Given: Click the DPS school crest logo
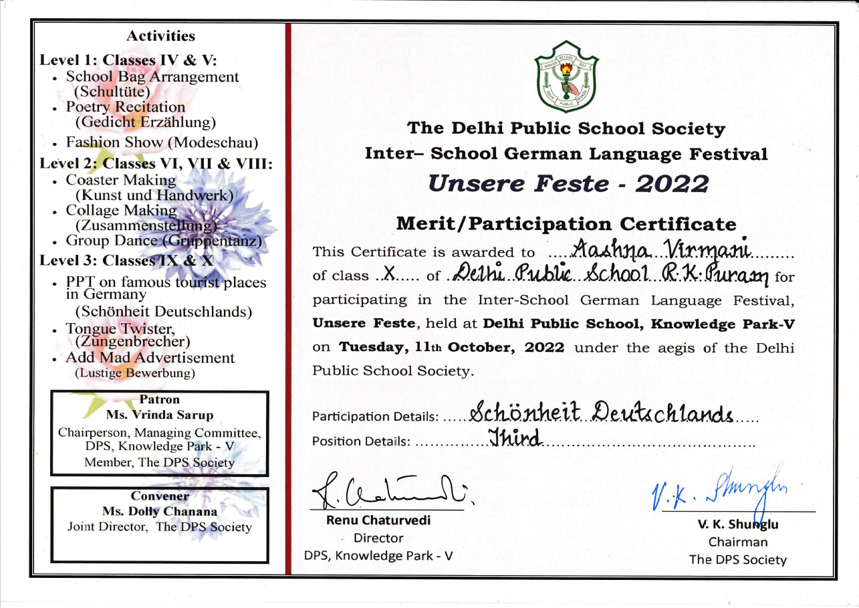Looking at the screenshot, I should [x=566, y=77].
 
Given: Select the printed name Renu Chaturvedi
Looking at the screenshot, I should [x=378, y=520].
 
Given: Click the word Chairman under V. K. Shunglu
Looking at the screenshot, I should [x=738, y=542].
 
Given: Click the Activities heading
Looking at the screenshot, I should [x=160, y=36].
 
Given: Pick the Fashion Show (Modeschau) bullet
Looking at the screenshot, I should [x=161, y=142].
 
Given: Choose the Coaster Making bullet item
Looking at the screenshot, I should [x=121, y=180].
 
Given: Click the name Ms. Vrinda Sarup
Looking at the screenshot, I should [x=159, y=415].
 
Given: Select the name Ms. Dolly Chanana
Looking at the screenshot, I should [x=160, y=512].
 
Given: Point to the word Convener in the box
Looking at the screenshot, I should [x=160, y=496].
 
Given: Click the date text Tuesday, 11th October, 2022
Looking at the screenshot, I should [x=451, y=348].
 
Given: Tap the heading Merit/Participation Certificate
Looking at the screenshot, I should [x=566, y=224].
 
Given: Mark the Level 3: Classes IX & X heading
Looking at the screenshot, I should [x=126, y=260].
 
